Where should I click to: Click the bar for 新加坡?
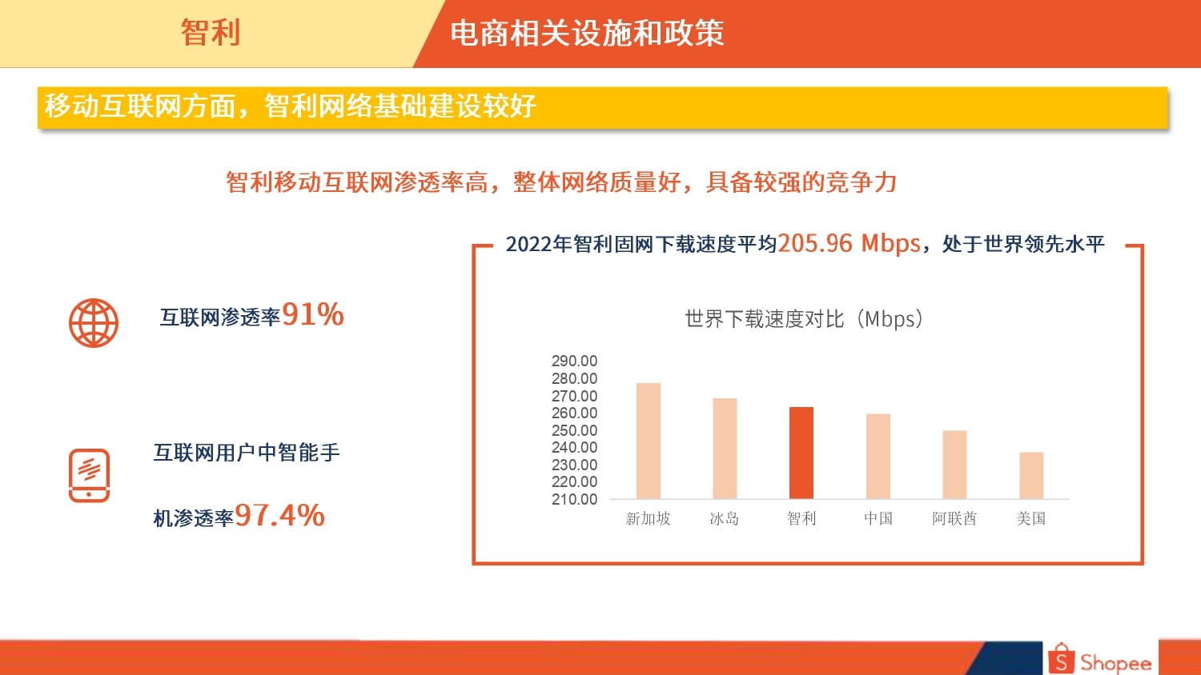649,441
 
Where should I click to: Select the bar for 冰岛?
725,449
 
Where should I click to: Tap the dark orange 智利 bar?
801,453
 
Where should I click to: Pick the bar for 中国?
878,457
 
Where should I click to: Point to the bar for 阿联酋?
955,465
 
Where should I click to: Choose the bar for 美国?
1031,476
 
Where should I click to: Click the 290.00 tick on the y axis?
574,361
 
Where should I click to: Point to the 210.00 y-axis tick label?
574,499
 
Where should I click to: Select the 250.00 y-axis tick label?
574,430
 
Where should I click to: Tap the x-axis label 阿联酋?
954,518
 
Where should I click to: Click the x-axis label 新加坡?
648,518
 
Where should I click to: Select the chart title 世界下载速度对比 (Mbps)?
804,319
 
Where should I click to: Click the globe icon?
94,323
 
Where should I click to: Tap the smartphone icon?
89,475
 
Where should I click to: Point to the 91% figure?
312,314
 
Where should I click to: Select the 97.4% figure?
279,515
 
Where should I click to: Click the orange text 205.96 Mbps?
849,243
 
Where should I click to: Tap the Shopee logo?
1100,658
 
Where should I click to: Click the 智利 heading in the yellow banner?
210,32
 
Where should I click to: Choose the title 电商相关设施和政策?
587,33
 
